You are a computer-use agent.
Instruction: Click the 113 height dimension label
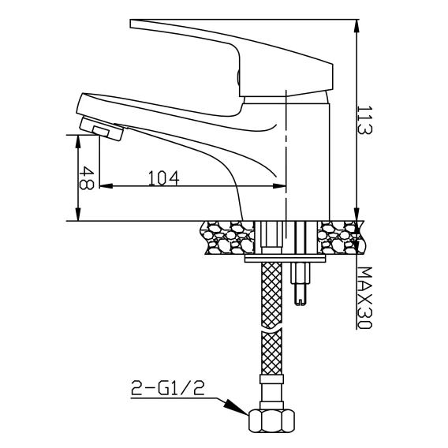[365, 120]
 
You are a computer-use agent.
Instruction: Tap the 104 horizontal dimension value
[164, 177]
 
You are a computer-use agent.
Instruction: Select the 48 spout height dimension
[86, 178]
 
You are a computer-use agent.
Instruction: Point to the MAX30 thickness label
[365, 297]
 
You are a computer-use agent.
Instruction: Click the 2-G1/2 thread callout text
[168, 388]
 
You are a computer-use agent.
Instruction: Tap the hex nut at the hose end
[271, 420]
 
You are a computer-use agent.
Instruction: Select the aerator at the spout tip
[102, 129]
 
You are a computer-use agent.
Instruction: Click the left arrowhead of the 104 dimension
[106, 186]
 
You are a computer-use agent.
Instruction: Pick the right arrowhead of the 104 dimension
[279, 186]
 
